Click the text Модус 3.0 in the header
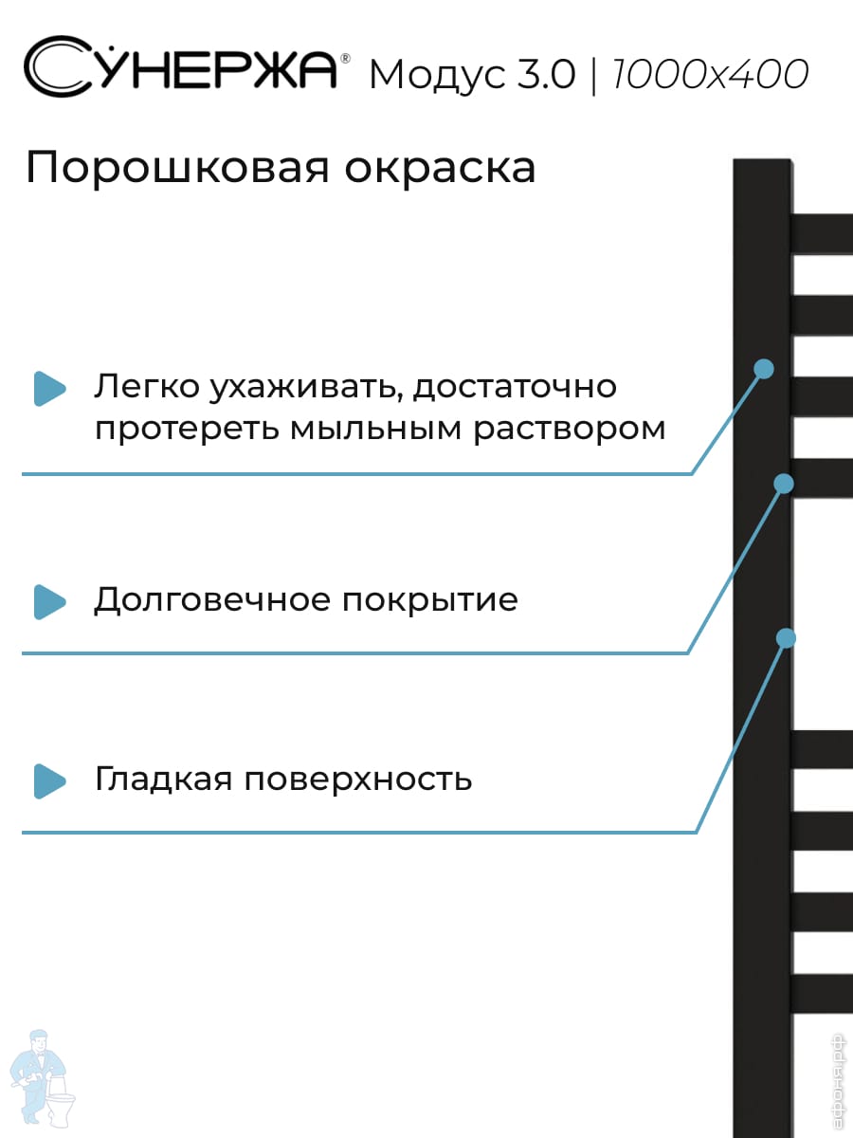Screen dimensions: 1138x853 471,75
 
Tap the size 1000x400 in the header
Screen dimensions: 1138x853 711,74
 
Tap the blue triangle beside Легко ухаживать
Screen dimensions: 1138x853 49,388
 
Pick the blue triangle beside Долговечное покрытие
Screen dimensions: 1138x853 49,601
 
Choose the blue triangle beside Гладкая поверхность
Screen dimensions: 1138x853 49,780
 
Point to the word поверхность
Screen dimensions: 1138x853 358,780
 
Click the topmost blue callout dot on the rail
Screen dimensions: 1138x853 764,368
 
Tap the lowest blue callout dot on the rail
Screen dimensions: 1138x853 786,638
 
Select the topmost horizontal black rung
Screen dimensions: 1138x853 822,233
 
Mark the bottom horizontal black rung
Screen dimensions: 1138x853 822,992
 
